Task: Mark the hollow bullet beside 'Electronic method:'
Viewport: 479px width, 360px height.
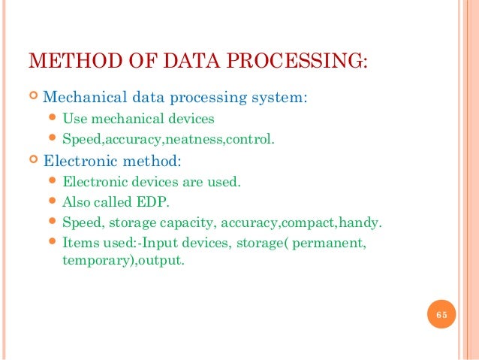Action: click(x=32, y=160)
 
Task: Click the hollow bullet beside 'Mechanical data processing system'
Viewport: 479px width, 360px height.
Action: click(x=32, y=98)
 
